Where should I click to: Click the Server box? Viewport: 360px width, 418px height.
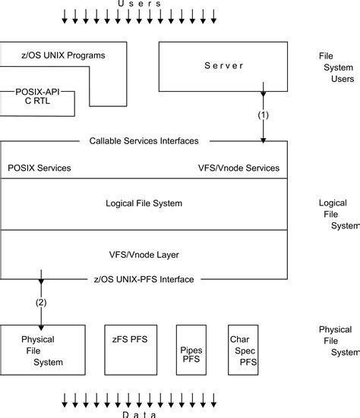pos(223,66)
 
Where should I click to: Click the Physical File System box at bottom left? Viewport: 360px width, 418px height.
pos(43,350)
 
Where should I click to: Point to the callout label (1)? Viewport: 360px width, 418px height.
pos(263,117)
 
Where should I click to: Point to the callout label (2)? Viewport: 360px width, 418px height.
pos(40,302)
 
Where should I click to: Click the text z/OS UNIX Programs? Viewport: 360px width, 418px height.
pos(63,55)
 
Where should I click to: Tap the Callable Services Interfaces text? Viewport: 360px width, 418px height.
pos(144,140)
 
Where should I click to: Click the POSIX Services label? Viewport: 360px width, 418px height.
pos(39,168)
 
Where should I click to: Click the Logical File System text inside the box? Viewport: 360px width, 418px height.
pos(144,203)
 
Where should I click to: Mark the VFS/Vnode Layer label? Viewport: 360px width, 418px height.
pos(144,254)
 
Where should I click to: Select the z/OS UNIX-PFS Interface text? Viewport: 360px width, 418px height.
pos(144,279)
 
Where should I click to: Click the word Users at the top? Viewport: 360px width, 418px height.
pos(139,4)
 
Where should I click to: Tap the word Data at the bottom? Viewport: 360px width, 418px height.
pos(139,414)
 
